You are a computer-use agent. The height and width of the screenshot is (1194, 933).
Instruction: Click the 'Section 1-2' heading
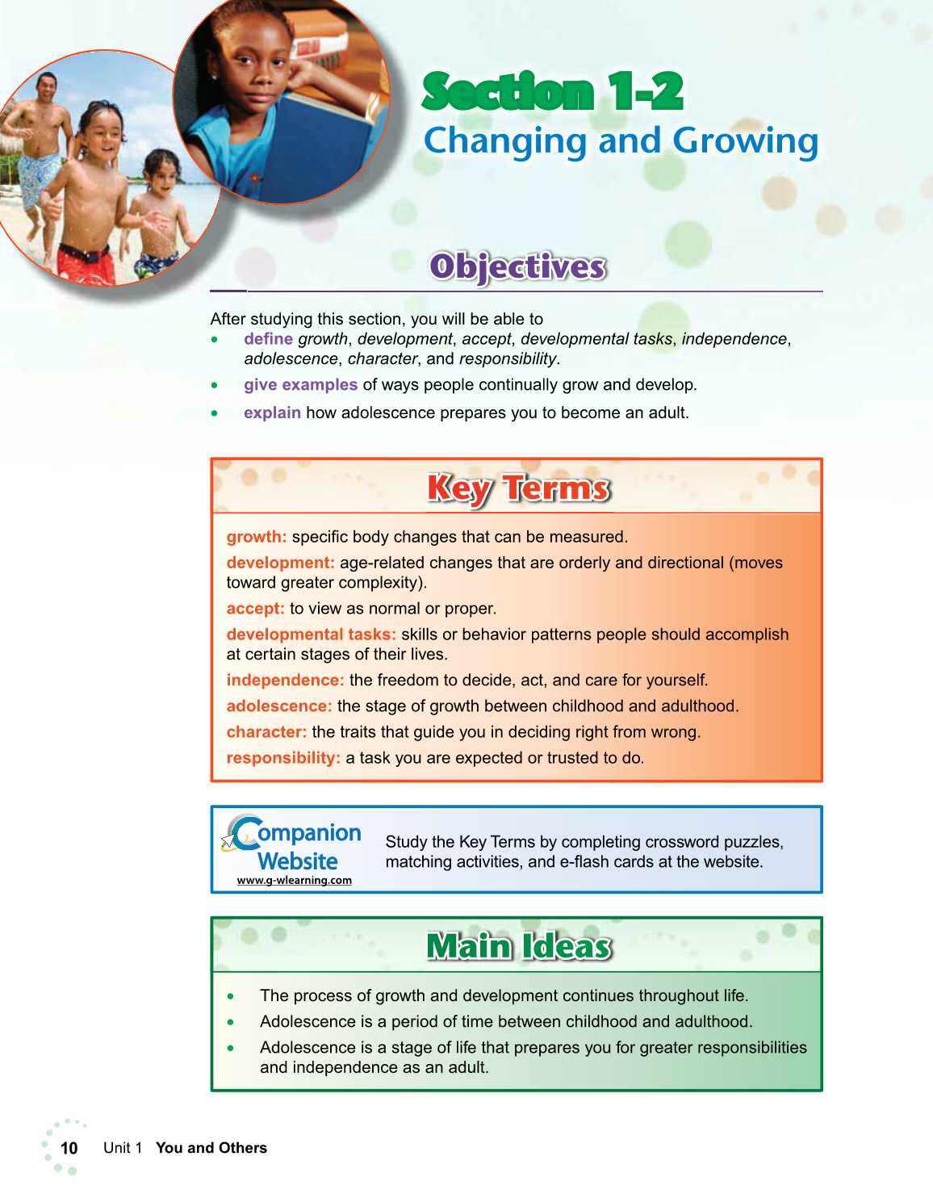553,91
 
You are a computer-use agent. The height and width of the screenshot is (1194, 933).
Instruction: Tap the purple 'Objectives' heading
517,266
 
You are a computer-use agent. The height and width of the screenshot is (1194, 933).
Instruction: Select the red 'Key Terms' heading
518,488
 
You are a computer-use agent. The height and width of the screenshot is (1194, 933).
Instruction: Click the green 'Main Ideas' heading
519,946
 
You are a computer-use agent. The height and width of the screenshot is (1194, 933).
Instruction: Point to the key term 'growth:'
256,537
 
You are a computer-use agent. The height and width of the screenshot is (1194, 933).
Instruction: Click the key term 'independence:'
285,681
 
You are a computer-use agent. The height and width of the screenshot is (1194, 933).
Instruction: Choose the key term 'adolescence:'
278,706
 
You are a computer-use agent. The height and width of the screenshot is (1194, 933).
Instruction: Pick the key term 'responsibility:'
283,758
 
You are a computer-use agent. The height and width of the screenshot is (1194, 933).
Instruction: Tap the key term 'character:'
266,732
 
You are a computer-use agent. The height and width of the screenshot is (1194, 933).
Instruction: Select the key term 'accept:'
255,609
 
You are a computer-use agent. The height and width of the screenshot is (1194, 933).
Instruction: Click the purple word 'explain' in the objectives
272,413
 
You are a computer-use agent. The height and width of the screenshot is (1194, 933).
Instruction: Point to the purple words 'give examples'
300,385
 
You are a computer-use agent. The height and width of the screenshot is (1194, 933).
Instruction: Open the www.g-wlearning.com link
294,881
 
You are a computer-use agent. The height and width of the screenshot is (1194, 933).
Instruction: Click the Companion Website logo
292,844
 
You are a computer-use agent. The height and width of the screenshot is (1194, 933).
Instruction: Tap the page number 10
69,1148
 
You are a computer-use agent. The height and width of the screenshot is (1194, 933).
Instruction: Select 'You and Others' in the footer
211,1148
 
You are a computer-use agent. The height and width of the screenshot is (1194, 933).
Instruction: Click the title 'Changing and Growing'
621,141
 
